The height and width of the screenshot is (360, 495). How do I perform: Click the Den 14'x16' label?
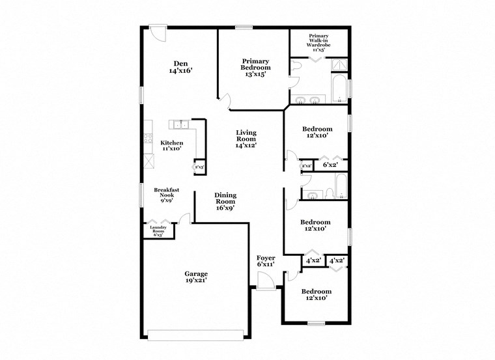point(180,67)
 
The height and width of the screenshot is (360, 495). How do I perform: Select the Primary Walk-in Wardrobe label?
point(319,42)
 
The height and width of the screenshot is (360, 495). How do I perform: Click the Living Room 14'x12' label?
point(246,138)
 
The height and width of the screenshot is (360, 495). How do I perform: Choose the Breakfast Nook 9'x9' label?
point(166,196)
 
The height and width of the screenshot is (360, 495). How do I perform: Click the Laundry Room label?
point(159,231)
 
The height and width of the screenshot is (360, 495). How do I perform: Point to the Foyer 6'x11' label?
point(266,261)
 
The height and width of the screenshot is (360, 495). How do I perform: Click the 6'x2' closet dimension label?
point(331,165)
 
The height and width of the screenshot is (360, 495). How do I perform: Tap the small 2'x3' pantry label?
point(199,167)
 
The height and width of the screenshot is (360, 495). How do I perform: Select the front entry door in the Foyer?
point(265,281)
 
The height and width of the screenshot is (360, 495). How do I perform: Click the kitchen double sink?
point(180,124)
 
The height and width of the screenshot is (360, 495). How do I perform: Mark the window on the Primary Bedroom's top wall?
point(244,27)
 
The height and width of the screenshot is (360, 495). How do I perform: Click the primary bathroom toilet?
point(296,66)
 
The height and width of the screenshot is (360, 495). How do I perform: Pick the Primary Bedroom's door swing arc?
point(225,100)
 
